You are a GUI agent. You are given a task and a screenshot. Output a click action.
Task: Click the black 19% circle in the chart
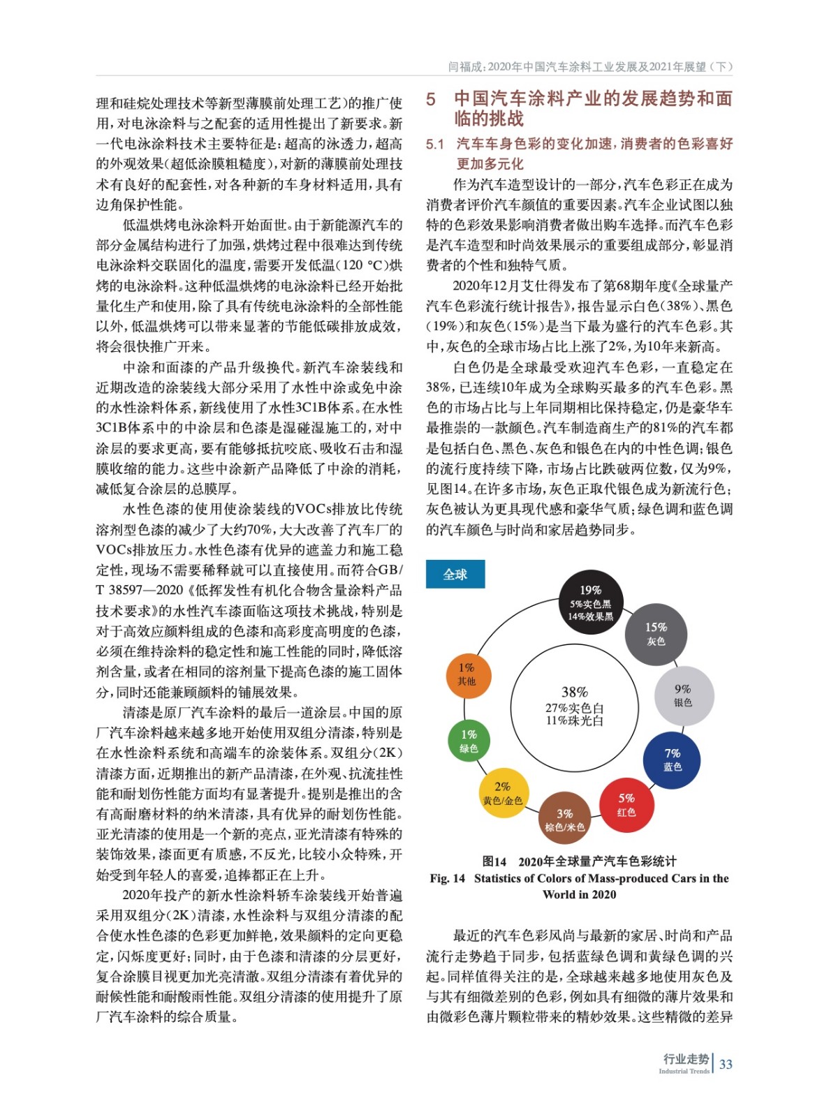click(590, 602)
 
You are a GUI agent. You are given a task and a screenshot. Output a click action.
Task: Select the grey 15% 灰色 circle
click(656, 634)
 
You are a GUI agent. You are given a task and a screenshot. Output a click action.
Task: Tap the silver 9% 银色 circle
click(683, 695)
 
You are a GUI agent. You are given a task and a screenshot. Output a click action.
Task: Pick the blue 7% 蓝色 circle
click(672, 760)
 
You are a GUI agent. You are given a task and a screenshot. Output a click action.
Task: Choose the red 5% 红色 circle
click(626, 805)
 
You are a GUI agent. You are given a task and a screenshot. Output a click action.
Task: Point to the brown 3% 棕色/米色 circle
click(564, 820)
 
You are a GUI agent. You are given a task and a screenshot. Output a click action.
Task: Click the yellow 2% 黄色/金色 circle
click(502, 793)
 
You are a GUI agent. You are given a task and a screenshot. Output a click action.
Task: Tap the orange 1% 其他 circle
click(467, 674)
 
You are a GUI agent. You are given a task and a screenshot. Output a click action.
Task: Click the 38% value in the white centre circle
click(574, 692)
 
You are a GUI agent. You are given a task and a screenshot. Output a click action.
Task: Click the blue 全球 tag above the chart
click(455, 575)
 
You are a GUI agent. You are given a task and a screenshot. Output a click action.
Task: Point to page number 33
click(726, 1064)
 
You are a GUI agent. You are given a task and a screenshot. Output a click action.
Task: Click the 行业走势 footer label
click(685, 1059)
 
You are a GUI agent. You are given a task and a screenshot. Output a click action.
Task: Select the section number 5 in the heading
click(431, 100)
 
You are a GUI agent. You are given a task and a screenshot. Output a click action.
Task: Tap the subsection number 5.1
click(434, 145)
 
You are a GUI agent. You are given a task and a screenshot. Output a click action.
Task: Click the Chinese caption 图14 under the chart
click(494, 861)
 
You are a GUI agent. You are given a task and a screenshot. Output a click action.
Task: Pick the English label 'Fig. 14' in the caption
click(447, 878)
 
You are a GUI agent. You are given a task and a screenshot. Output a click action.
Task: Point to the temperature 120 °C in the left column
click(363, 265)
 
